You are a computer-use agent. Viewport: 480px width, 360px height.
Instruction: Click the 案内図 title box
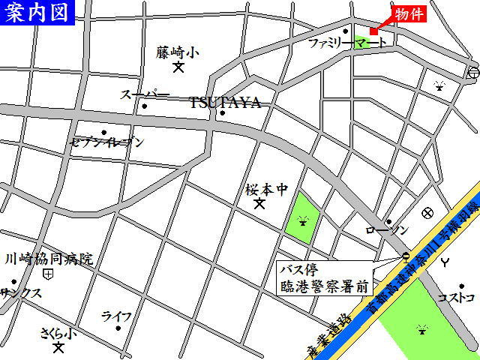(x=37, y=12)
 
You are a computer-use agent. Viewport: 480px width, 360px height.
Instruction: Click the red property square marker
(x=373, y=31)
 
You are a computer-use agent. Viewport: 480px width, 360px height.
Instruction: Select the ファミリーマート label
(x=348, y=43)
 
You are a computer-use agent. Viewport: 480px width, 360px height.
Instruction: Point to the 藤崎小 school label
(x=178, y=52)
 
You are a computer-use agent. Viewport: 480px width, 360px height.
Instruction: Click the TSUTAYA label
(x=225, y=103)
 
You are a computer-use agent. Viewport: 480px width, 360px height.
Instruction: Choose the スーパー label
(x=145, y=94)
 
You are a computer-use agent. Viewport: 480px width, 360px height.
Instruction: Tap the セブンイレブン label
(x=106, y=141)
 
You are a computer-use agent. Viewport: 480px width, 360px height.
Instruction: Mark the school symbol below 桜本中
(x=260, y=203)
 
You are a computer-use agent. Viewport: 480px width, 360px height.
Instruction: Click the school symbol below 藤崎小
(x=178, y=67)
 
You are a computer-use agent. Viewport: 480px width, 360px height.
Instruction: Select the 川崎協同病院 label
(x=49, y=259)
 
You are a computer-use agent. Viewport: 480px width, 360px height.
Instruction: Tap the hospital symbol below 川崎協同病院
(x=49, y=274)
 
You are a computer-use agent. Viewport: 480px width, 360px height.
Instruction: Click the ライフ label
(x=116, y=316)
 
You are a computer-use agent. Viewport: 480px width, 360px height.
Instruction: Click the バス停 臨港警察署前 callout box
(x=325, y=277)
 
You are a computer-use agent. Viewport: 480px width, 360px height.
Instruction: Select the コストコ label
(x=457, y=298)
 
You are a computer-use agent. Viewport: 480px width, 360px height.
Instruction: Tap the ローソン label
(x=387, y=230)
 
